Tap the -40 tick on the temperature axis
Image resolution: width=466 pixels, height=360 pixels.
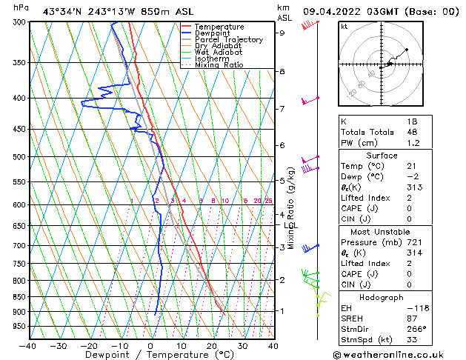tap(28, 346)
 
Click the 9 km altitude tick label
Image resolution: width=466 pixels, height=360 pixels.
tap(282, 33)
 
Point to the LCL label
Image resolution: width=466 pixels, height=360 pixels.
tap(291, 225)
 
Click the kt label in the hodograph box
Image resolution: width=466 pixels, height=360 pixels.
tap(344, 27)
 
